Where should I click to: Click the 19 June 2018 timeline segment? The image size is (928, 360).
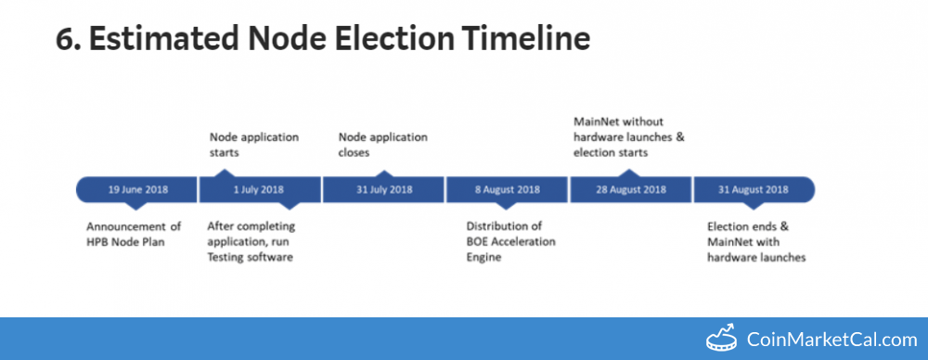(x=136, y=189)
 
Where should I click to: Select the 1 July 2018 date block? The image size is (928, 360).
(x=259, y=189)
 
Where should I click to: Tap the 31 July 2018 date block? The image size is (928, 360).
(x=383, y=189)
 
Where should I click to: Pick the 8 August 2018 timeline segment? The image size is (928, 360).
(x=507, y=189)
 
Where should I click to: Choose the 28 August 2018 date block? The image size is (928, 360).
(x=630, y=189)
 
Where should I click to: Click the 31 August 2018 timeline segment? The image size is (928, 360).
(x=754, y=189)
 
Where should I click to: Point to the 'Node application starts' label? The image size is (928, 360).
(x=254, y=145)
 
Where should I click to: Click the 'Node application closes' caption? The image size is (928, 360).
(x=383, y=145)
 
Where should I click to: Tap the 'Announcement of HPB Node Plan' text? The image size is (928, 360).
(x=134, y=234)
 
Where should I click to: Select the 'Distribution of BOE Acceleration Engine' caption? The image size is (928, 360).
(x=510, y=241)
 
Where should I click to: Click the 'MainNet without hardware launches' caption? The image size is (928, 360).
(x=628, y=129)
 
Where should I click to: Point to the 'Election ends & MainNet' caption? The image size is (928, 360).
(x=749, y=234)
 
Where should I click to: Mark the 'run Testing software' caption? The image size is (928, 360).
(x=251, y=250)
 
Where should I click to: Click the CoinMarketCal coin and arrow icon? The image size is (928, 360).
(x=722, y=338)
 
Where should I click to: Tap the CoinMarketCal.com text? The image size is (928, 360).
(x=832, y=340)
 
